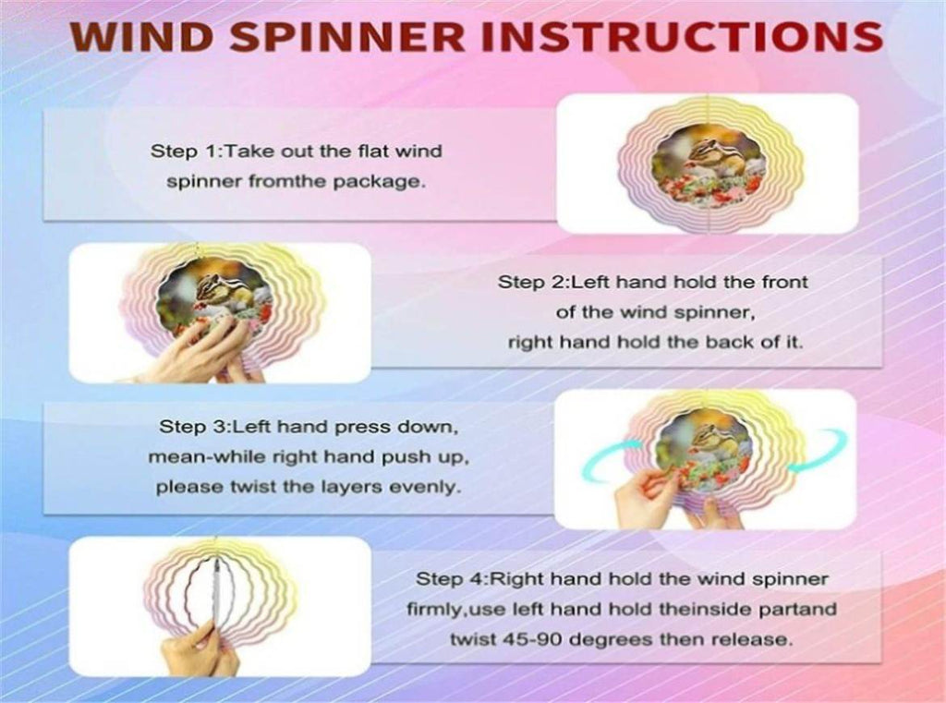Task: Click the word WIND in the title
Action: click(x=141, y=36)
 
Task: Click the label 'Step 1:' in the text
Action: click(x=187, y=151)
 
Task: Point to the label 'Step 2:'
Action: click(x=534, y=283)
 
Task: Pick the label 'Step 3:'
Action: click(x=196, y=427)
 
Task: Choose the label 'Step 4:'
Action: click(x=452, y=579)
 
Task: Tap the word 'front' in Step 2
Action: click(x=784, y=282)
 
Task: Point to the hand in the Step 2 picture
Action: click(x=193, y=350)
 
